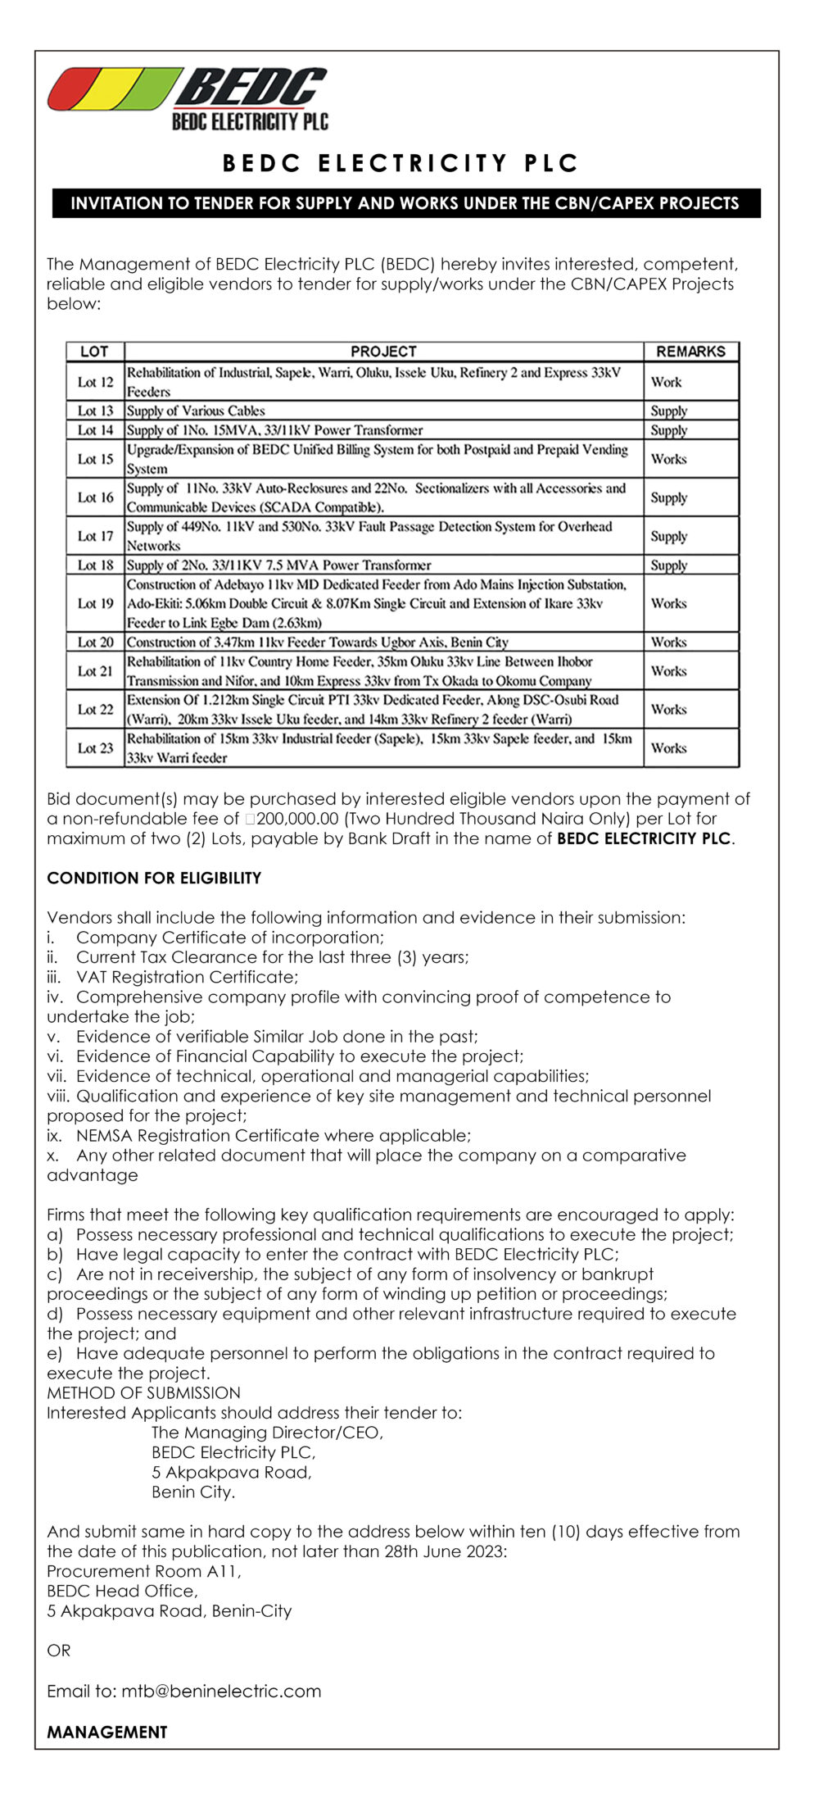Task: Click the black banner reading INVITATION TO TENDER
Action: pyautogui.click(x=405, y=203)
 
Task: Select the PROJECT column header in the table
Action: pyautogui.click(x=383, y=352)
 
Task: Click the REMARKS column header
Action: pyautogui.click(x=690, y=352)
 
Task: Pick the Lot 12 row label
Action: pyautogui.click(x=95, y=382)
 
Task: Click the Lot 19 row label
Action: pyautogui.click(x=95, y=603)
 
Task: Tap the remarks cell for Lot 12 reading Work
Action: pyautogui.click(x=666, y=382)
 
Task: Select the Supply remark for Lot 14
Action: pyautogui.click(x=668, y=430)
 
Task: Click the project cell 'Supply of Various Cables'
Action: pyautogui.click(x=196, y=411)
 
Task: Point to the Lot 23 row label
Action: pyautogui.click(x=95, y=748)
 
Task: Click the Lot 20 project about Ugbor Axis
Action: pyautogui.click(x=318, y=643)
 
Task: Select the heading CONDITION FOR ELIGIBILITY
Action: pyautogui.click(x=154, y=878)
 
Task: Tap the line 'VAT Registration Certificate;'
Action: pyautogui.click(x=187, y=977)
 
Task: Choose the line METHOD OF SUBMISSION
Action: pyautogui.click(x=143, y=1392)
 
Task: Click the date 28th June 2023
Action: pyautogui.click(x=444, y=1551)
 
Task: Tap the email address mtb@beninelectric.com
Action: pyautogui.click(x=221, y=1691)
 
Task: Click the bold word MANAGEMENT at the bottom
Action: pyautogui.click(x=106, y=1732)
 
